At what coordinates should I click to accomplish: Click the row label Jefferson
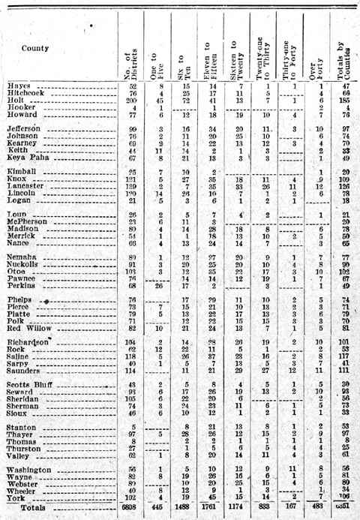[x=30, y=129]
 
